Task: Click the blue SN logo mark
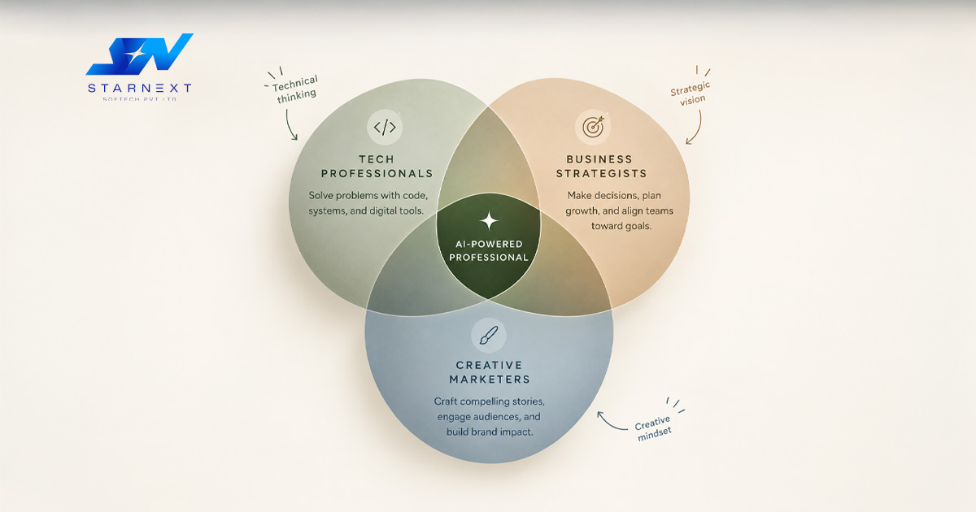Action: (139, 54)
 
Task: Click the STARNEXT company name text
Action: (139, 89)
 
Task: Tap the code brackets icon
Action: (385, 127)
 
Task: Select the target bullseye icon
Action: (594, 127)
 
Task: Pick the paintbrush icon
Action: (489, 335)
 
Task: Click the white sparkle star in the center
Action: (489, 221)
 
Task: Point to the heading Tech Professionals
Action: (377, 167)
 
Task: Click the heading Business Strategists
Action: (601, 167)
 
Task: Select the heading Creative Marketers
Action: (490, 372)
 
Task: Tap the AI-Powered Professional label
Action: (489, 251)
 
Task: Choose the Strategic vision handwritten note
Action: (691, 94)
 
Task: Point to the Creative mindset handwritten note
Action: (652, 428)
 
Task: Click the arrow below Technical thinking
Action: (289, 125)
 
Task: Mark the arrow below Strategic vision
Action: (697, 129)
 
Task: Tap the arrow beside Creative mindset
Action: (609, 423)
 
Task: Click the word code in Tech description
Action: (416, 196)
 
